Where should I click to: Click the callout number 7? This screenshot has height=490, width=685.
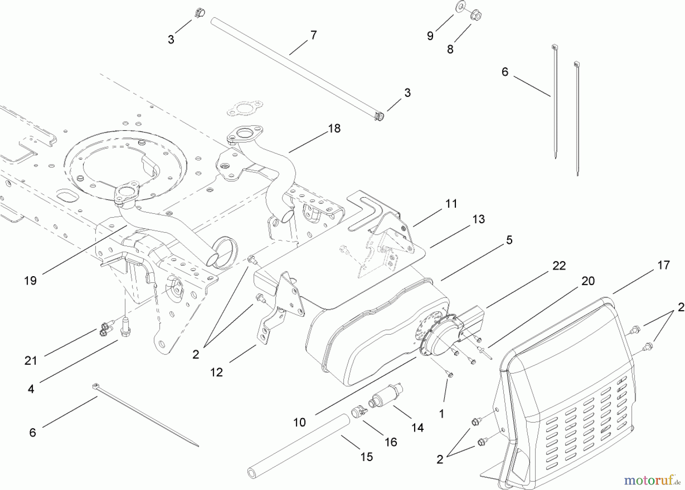pos(313,35)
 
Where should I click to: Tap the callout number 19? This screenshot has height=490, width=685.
pos(30,281)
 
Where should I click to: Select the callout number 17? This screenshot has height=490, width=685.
pos(663,265)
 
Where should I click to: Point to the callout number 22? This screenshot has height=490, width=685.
pos(559,266)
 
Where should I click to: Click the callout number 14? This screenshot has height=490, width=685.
pos(417,428)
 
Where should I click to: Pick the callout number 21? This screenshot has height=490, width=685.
pos(31,360)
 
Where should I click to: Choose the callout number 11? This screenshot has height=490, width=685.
pos(451,204)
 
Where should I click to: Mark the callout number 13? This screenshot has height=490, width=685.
pos(479,219)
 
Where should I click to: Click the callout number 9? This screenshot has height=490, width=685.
pos(430,36)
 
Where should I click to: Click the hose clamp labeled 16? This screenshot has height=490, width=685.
pos(358,412)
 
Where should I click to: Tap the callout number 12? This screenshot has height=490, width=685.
pos(217,372)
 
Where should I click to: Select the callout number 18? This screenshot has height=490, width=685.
pos(334,129)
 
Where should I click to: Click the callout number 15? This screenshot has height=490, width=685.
pos(366,457)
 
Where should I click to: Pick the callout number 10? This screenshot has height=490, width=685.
pos(299,422)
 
